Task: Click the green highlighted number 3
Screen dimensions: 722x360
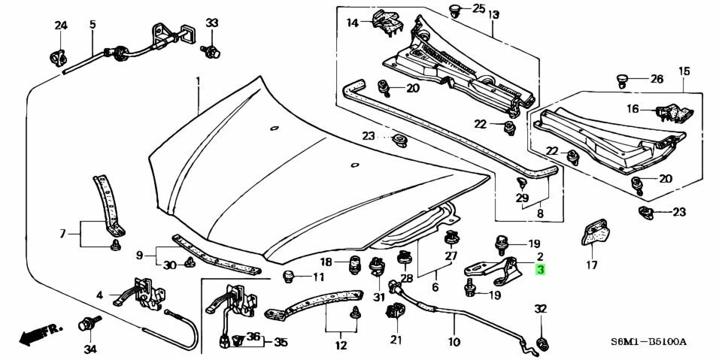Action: point(540,271)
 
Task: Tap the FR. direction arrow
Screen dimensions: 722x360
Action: point(40,334)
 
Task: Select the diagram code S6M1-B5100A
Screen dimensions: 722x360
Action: point(648,342)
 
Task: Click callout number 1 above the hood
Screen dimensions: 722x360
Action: point(199,80)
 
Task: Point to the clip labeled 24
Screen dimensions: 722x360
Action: point(58,58)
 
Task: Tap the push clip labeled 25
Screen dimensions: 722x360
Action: point(457,11)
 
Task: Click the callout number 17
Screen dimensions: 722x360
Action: point(592,265)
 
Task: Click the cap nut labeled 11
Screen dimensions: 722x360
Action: point(287,276)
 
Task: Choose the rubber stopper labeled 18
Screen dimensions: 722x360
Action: point(354,265)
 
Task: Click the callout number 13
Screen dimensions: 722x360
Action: point(493,15)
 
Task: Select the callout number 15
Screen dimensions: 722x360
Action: point(684,71)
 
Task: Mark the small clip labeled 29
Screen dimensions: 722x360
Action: point(522,183)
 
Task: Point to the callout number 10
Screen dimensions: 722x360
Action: point(454,342)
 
